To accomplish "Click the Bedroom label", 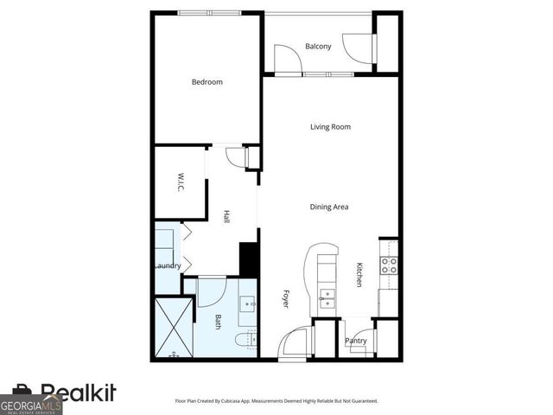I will click(207, 82).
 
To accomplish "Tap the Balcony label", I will click(318, 47).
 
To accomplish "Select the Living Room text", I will click(330, 127).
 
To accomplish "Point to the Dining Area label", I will click(329, 207).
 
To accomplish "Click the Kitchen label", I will click(359, 275).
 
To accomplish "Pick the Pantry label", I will click(356, 341).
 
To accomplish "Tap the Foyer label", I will click(286, 298).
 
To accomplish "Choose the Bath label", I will click(218, 322).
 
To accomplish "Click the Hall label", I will click(226, 216).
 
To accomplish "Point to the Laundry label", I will click(167, 265).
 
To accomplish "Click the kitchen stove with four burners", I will click(390, 265).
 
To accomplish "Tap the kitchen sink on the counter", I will click(327, 299).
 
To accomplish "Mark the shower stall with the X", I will click(173, 329).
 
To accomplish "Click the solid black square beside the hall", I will click(249, 259).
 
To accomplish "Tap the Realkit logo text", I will click(78, 393).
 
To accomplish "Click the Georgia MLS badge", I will click(31, 405).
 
